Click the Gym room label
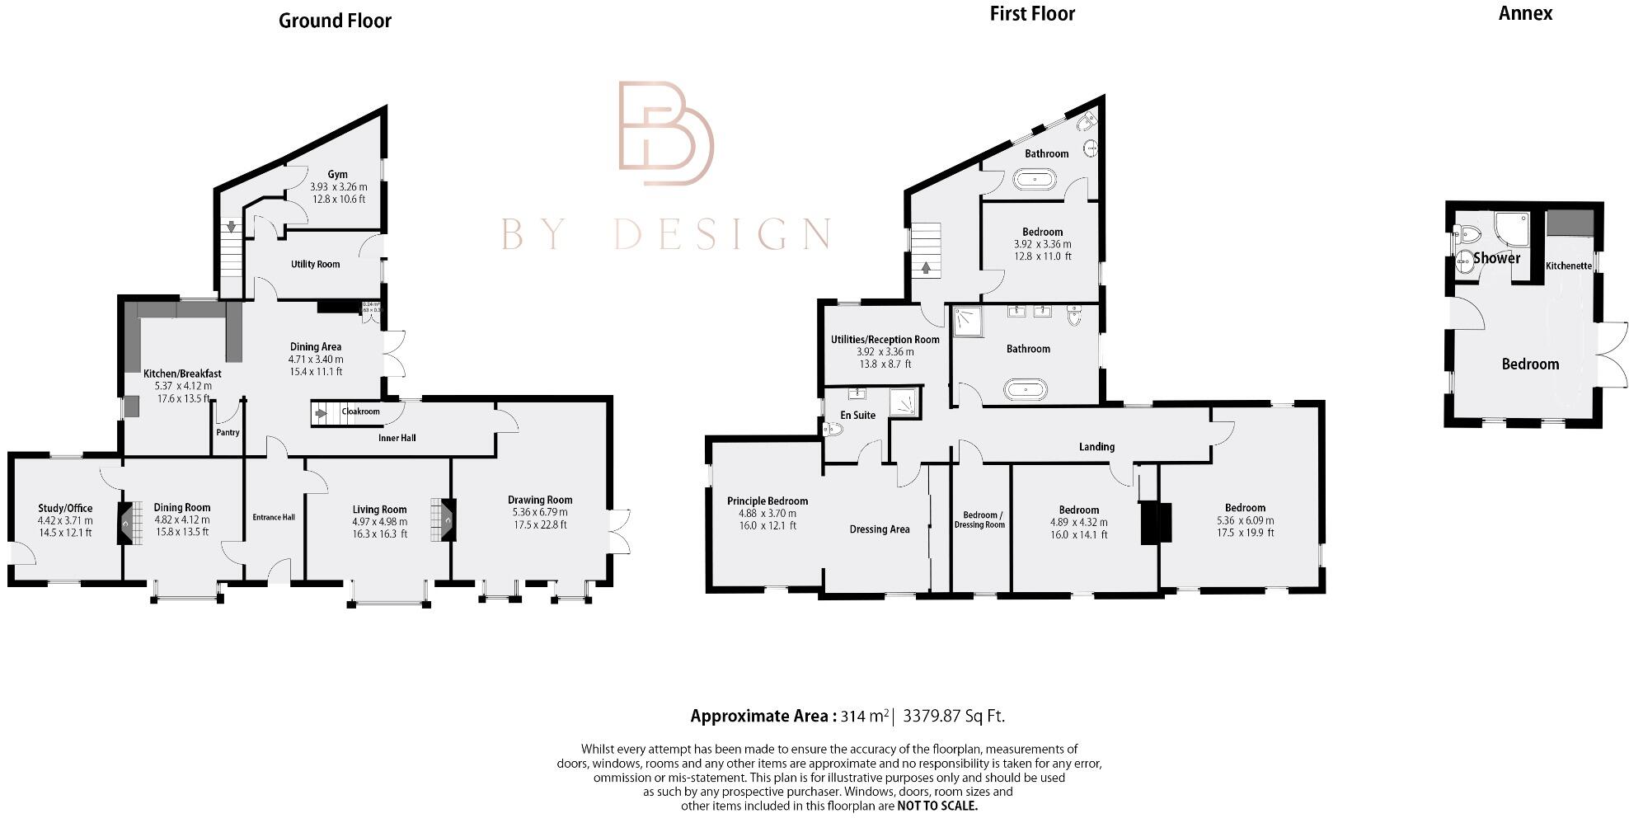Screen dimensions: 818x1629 [337, 175]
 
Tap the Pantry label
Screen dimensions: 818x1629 [228, 432]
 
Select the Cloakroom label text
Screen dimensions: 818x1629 [360, 411]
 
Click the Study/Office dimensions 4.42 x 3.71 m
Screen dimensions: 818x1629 [65, 521]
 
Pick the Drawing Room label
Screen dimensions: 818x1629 [539, 500]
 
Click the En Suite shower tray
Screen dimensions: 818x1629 [906, 402]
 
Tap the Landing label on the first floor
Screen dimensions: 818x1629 [1096, 447]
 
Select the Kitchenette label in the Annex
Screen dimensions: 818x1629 [1568, 266]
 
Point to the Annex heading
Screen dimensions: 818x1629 [1525, 13]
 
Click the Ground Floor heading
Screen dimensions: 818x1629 [335, 21]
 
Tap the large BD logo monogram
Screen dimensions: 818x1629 [665, 133]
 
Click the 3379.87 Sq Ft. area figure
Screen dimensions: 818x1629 [954, 716]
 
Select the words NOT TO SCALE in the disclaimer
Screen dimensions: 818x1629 [937, 806]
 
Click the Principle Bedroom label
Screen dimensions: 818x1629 [767, 501]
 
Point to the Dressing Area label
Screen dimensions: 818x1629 [879, 529]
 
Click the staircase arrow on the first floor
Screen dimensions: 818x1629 [926, 267]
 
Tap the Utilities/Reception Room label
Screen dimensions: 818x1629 [885, 340]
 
